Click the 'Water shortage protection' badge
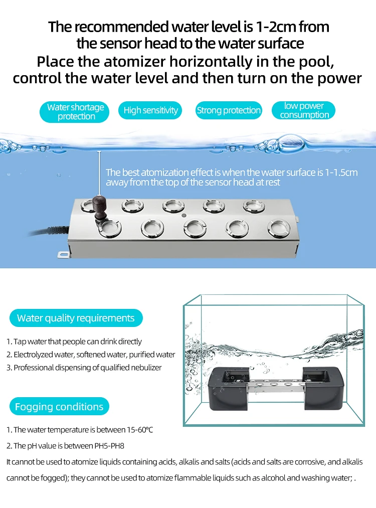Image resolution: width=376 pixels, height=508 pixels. point(75,112)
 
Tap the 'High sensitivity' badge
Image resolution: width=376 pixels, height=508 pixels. point(150,110)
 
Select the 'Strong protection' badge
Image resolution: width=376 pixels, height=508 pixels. point(229,110)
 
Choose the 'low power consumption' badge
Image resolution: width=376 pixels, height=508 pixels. point(304,110)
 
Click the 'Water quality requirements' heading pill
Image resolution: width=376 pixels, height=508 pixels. point(76,318)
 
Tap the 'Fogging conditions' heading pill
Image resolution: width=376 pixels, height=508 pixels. point(59,407)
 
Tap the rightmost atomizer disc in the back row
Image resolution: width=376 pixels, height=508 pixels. point(252,206)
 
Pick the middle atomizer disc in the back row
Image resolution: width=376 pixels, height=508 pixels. point(171,206)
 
